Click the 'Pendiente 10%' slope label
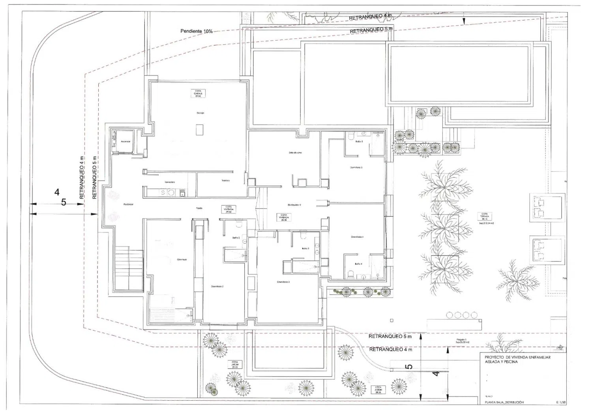tap(196, 31)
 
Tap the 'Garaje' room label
tap(200, 113)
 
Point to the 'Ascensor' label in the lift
tap(126, 141)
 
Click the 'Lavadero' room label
tap(170, 182)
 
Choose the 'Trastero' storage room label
tap(225, 181)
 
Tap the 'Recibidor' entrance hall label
tap(128, 204)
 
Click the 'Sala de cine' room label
tap(295, 153)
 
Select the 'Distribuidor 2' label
tap(294, 205)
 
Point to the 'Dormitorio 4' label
tap(357, 237)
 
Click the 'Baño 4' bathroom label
tap(358, 264)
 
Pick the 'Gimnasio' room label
tap(182, 259)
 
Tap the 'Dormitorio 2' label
tap(217, 286)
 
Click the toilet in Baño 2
tap(238, 225)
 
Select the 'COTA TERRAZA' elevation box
tap(485, 216)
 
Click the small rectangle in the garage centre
tap(200, 129)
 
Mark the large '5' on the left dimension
tap(64, 202)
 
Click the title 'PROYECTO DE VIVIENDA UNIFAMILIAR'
tap(517, 357)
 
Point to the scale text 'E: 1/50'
tap(561, 403)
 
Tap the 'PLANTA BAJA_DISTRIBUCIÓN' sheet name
tap(504, 403)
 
